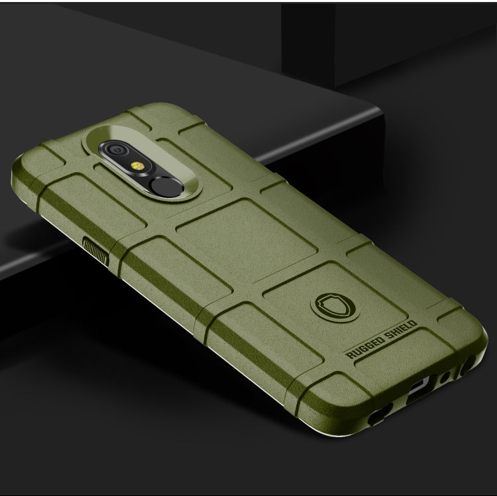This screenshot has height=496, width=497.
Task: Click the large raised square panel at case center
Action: click(x=232, y=232)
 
